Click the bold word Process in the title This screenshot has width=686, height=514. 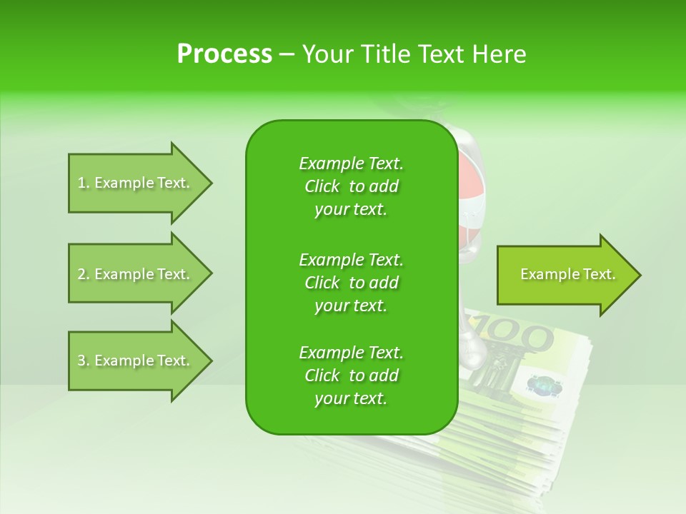(x=224, y=54)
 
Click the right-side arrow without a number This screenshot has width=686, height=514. (x=565, y=275)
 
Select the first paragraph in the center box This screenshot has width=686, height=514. (x=351, y=186)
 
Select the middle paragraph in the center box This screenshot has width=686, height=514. (x=351, y=283)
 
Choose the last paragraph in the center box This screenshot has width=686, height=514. (x=351, y=376)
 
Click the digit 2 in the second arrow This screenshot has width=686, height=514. (x=81, y=274)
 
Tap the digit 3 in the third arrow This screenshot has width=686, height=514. (x=81, y=361)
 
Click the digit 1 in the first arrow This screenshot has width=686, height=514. (x=81, y=183)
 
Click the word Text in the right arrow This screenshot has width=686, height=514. (x=599, y=274)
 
